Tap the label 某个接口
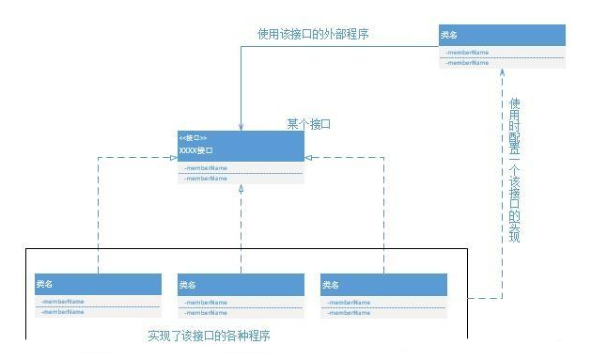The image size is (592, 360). coord(309,124)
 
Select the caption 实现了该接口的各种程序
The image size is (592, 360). coord(215,335)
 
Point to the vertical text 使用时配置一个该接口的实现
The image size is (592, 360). coord(514,170)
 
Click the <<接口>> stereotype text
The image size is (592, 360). coord(193,138)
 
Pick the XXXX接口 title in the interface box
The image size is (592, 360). coord(195,150)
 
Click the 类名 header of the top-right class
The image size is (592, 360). coord(449,35)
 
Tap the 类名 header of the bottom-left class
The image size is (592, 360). coord(45,284)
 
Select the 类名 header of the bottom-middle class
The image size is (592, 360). coord(187,284)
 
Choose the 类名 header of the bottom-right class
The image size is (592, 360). coord(330,284)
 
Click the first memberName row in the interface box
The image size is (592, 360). coord(206,167)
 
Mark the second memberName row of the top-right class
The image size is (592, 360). coord(467,63)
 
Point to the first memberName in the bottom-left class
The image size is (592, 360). coord(63,302)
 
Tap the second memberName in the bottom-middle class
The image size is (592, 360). coord(206,311)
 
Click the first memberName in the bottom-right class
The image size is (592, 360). coord(349,302)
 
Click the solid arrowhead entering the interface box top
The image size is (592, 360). coord(241,124)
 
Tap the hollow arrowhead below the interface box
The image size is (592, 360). coord(241,189)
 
